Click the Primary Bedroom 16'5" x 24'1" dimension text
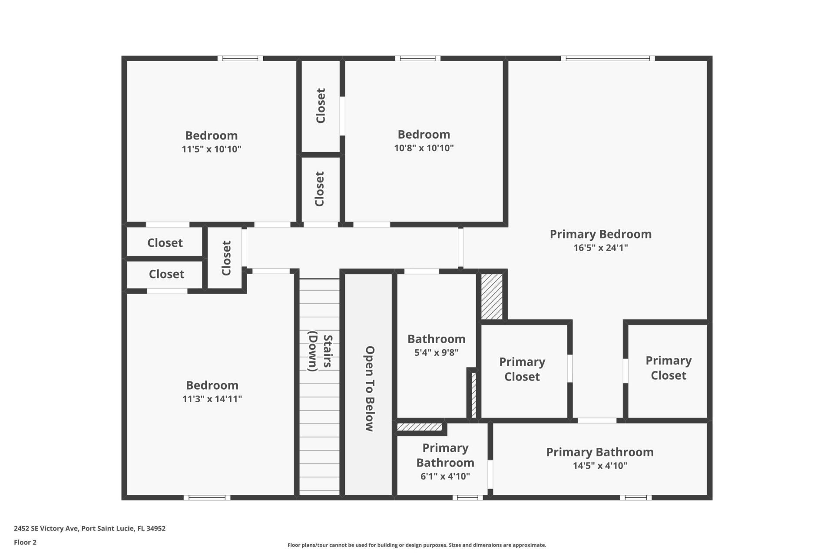[600, 248]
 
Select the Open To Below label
[369, 388]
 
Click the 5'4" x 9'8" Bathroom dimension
[436, 352]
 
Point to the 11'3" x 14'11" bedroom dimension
[212, 399]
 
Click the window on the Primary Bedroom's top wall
[607, 58]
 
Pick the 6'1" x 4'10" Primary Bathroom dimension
[445, 476]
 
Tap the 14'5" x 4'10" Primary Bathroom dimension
[599, 466]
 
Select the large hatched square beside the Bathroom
[492, 297]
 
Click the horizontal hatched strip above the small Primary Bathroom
[420, 427]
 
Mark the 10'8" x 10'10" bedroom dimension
[424, 148]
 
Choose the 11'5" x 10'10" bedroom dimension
[211, 149]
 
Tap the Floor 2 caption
[25, 542]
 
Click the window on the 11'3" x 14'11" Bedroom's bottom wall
[207, 498]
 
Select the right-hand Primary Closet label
[668, 368]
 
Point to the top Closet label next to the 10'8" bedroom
[321, 106]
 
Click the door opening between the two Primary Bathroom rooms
[490, 474]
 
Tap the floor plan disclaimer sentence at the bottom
[417, 545]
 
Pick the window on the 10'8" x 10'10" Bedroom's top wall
[417, 58]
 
